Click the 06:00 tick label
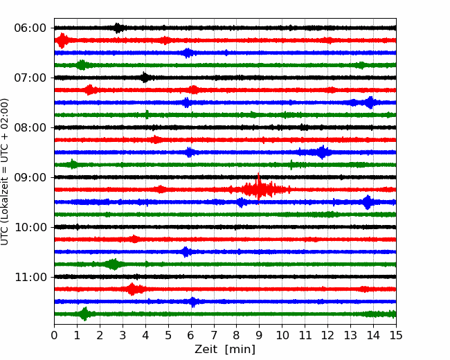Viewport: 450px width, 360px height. (30, 28)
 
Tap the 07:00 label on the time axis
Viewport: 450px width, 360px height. (30, 78)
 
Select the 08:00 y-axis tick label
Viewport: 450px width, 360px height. (30, 128)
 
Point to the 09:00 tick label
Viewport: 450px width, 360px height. (30, 178)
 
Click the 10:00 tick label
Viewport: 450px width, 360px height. (30, 227)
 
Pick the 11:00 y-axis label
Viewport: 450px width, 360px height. (30, 278)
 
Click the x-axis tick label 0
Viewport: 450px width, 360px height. (54, 335)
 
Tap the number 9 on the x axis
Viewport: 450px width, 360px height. (259, 335)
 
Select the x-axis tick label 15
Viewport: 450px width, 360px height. (396, 335)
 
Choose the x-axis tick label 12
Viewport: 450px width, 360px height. (327, 335)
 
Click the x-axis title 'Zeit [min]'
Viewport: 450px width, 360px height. (225, 350)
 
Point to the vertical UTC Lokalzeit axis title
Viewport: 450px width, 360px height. (5, 172)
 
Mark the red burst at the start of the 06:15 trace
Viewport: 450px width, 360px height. (62, 40)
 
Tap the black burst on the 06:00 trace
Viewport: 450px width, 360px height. (118, 28)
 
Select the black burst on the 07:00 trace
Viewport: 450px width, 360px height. (145, 78)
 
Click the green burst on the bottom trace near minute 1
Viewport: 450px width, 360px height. (84, 314)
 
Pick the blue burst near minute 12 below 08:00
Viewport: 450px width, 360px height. (323, 152)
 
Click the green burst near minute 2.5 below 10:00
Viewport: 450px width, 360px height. (114, 264)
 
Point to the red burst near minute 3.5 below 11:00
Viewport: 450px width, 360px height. (132, 289)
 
